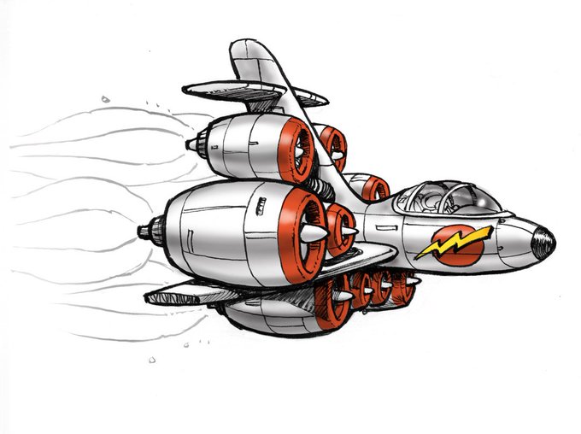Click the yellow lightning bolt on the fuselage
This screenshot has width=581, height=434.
click(453, 243)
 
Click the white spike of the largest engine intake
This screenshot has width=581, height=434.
click(313, 232)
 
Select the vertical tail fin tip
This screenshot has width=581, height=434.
click(244, 47)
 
